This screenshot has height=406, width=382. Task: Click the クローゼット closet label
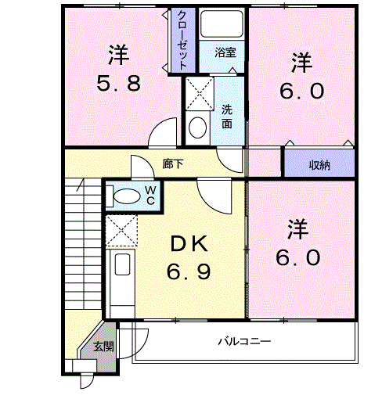click(x=182, y=40)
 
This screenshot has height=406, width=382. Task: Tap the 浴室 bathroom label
click(x=225, y=52)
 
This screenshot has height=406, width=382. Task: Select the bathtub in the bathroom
click(x=222, y=24)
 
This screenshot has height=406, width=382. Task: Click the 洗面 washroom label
click(x=227, y=117)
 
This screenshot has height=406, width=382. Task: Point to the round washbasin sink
click(x=197, y=128)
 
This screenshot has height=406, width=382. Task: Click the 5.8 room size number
click(x=119, y=84)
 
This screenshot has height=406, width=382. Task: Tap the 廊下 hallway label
click(x=173, y=164)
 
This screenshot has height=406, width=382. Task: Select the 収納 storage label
click(x=319, y=165)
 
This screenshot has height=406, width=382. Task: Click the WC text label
click(x=150, y=196)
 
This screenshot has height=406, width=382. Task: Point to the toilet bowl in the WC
click(x=127, y=196)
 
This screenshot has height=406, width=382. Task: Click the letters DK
click(x=189, y=243)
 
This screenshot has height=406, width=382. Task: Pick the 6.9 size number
click(x=189, y=271)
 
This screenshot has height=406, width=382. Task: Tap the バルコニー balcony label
click(x=244, y=341)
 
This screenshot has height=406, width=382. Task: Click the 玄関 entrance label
click(x=103, y=347)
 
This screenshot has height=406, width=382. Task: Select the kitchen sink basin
click(x=122, y=264)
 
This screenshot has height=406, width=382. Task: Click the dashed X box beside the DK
click(x=121, y=230)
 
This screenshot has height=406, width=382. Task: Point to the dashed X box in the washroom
click(x=199, y=93)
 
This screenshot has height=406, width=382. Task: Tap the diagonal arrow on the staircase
click(x=81, y=185)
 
